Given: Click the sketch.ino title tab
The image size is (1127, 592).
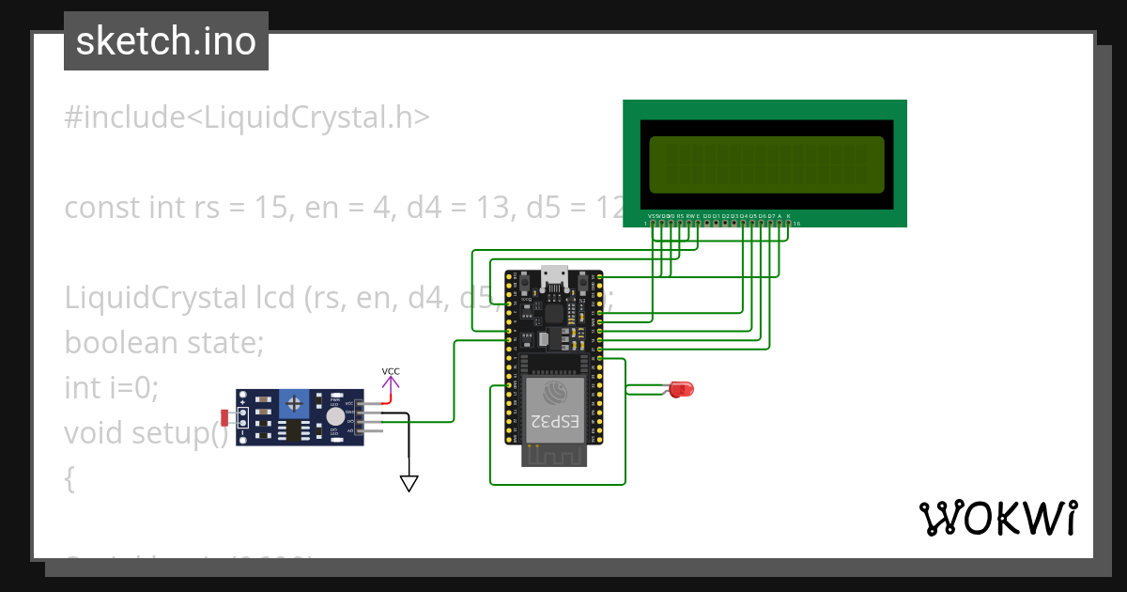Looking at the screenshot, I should pyautogui.click(x=166, y=41).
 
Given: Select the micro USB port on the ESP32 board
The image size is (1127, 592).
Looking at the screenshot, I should pyautogui.click(x=554, y=275).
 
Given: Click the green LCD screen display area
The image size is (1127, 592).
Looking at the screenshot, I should pyautogui.click(x=765, y=164).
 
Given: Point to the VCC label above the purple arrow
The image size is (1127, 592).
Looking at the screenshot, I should pyautogui.click(x=391, y=371).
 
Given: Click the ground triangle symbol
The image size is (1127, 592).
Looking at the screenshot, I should pyautogui.click(x=409, y=483).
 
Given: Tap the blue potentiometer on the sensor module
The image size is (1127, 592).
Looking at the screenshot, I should pyautogui.click(x=296, y=404).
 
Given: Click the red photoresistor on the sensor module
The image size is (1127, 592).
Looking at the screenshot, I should pyautogui.click(x=224, y=417).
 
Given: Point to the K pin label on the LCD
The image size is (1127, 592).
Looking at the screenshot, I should pyautogui.click(x=788, y=216).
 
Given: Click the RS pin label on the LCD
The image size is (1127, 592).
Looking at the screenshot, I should pyautogui.click(x=680, y=216).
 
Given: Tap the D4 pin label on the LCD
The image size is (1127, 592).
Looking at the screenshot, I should pyautogui.click(x=743, y=216).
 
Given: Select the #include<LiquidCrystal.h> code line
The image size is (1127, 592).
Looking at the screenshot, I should pyautogui.click(x=247, y=117).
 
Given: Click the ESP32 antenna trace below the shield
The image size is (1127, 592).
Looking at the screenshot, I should pyautogui.click(x=554, y=455).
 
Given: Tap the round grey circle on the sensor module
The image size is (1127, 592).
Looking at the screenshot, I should pyautogui.click(x=334, y=416).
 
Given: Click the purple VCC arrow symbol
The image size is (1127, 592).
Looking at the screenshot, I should pyautogui.click(x=391, y=382).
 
